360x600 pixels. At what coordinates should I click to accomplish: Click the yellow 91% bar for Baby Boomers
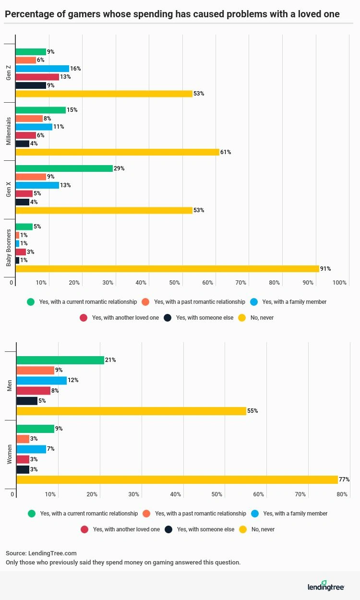[167, 269]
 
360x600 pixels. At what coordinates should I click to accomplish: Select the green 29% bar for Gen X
[64, 168]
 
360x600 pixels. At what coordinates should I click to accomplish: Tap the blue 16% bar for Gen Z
[42, 69]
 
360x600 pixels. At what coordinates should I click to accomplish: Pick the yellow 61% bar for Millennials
[117, 152]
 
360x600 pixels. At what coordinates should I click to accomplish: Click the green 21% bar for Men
[60, 360]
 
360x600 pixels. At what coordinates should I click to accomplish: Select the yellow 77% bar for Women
[177, 480]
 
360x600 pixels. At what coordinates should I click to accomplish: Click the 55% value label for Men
[252, 411]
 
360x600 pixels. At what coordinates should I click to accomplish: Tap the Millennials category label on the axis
[9, 131]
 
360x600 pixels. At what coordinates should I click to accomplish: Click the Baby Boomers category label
[9, 248]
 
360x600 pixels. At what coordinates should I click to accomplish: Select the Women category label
[10, 454]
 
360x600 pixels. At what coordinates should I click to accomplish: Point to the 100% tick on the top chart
[339, 283]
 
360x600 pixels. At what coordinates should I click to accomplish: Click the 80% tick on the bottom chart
[342, 494]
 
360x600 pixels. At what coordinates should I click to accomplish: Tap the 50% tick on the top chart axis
[174, 283]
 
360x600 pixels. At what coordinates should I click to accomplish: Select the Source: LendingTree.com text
[41, 553]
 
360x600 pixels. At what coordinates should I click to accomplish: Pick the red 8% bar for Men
[33, 391]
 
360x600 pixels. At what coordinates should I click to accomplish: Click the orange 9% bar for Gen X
[31, 177]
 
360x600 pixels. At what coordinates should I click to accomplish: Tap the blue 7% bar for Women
[31, 449]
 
